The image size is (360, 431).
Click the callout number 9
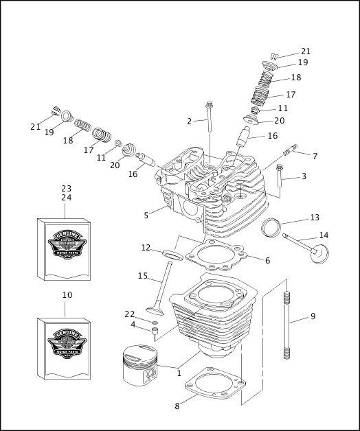[313, 316]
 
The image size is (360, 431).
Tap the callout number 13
[315, 218]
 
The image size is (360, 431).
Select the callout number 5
[146, 215]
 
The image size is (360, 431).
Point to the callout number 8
[177, 406]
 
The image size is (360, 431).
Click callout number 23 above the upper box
[66, 189]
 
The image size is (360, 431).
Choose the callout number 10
[67, 295]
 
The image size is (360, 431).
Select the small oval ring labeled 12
[172, 255]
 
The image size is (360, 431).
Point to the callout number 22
[130, 314]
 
